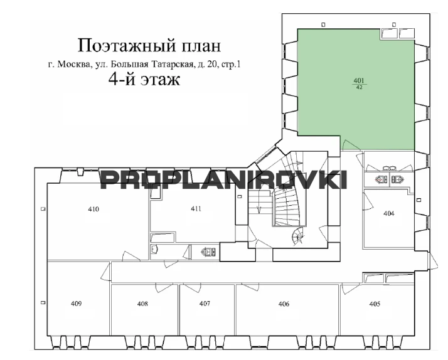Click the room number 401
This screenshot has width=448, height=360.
359,81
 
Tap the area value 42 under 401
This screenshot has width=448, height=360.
360,88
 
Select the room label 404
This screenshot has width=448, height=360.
389,213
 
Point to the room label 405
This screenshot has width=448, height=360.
375,304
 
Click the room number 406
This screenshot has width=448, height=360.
284,304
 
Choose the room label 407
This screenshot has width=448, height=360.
205,304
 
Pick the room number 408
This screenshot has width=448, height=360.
142,304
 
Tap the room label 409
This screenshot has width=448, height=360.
77,304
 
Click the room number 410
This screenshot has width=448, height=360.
93,209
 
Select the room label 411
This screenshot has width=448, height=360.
196,209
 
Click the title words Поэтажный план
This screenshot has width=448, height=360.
149,46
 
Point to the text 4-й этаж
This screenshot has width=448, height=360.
144,79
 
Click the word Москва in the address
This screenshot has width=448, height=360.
74,65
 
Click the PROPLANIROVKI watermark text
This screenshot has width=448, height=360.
224,180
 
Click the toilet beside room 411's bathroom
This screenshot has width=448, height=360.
208,251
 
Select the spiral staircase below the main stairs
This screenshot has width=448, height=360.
297,236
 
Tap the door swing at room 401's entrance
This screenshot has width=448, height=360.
348,145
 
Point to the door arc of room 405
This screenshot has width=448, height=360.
349,289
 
